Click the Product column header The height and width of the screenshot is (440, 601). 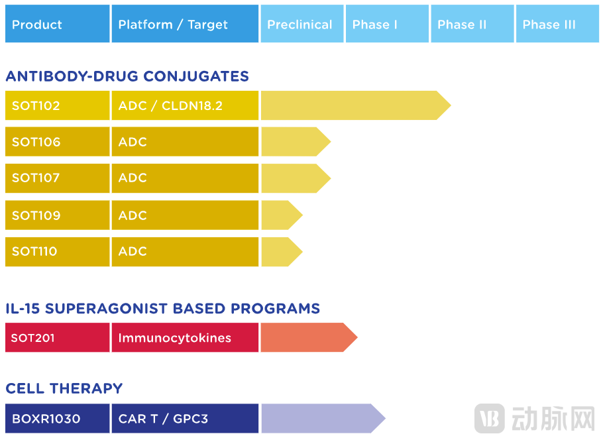[x=57, y=25]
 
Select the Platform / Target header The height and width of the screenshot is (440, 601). [x=185, y=25]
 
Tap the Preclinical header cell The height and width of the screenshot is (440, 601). [x=301, y=25]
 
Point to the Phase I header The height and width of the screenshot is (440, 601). [x=387, y=25]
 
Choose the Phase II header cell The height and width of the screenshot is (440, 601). [x=472, y=25]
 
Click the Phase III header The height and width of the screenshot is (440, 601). [x=557, y=25]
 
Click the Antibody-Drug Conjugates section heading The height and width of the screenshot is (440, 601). [x=127, y=76]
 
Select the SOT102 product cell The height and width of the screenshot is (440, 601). [x=57, y=106]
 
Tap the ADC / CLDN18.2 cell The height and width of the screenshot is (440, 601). [x=185, y=106]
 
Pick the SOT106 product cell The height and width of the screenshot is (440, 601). [x=57, y=142]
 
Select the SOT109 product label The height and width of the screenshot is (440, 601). [x=36, y=215]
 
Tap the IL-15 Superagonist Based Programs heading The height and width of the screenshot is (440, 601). [x=162, y=309]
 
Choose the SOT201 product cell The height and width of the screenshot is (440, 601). [x=57, y=338]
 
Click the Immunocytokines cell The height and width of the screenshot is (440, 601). [x=185, y=338]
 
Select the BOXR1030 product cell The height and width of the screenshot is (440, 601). [x=57, y=419]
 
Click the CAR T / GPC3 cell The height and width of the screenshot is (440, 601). [x=185, y=419]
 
